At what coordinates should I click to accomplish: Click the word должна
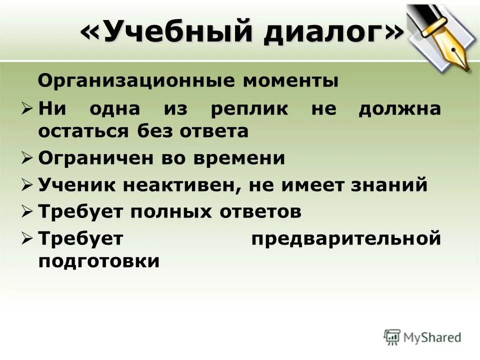[x=399, y=109]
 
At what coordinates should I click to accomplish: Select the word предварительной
[x=345, y=239]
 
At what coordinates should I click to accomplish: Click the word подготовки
[x=99, y=261]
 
